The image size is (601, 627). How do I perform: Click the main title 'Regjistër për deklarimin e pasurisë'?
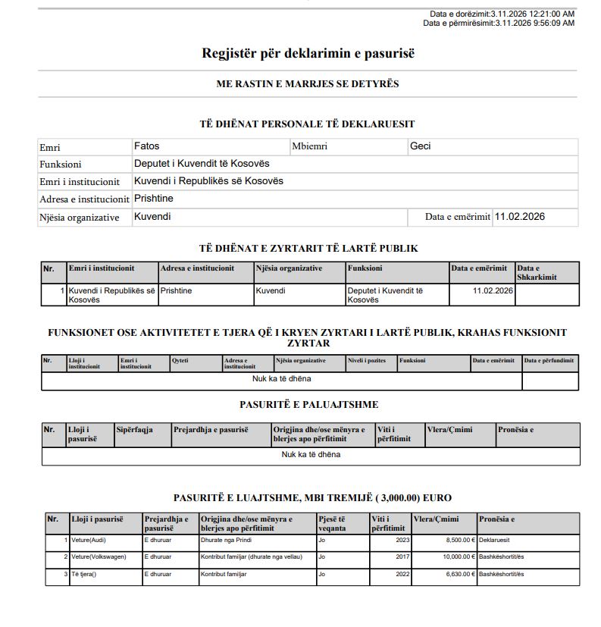(308, 54)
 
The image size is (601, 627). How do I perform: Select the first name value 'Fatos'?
(146, 146)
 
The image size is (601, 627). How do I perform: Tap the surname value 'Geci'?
(420, 146)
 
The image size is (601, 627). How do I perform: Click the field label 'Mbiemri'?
(309, 147)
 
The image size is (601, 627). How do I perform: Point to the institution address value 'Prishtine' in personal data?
(154, 199)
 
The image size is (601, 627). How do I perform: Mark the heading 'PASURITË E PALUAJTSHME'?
(308, 405)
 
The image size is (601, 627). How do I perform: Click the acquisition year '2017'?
(403, 557)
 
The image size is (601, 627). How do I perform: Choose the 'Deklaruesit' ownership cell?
(494, 541)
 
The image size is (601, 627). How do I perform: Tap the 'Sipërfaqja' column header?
(135, 430)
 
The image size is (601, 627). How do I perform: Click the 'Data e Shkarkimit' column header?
(536, 273)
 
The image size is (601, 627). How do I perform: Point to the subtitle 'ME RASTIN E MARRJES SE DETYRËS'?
(308, 84)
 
